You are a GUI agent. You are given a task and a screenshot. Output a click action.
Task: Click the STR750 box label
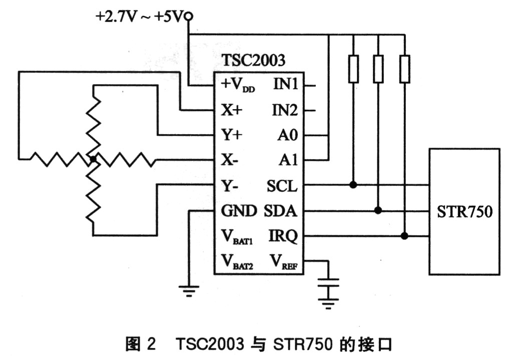464,211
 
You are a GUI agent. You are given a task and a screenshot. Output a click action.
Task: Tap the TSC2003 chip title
253,61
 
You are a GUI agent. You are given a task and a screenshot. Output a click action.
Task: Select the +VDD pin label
238,86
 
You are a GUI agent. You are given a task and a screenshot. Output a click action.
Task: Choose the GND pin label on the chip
239,211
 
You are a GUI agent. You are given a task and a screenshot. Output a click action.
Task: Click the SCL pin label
282,186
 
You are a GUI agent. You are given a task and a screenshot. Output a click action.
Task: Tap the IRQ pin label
283,236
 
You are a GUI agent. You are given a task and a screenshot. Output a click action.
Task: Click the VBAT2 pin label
237,262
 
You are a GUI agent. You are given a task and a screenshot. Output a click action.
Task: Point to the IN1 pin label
286,85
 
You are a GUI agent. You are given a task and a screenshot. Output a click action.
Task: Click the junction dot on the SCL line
353,185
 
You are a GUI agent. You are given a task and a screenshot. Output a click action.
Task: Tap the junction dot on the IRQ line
404,236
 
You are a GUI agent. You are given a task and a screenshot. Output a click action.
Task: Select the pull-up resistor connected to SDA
379,69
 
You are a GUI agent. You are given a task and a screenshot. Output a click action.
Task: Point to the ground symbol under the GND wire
189,289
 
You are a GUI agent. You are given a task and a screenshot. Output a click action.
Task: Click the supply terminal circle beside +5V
189,17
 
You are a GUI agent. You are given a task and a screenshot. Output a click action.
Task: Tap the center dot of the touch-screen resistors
93,159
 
